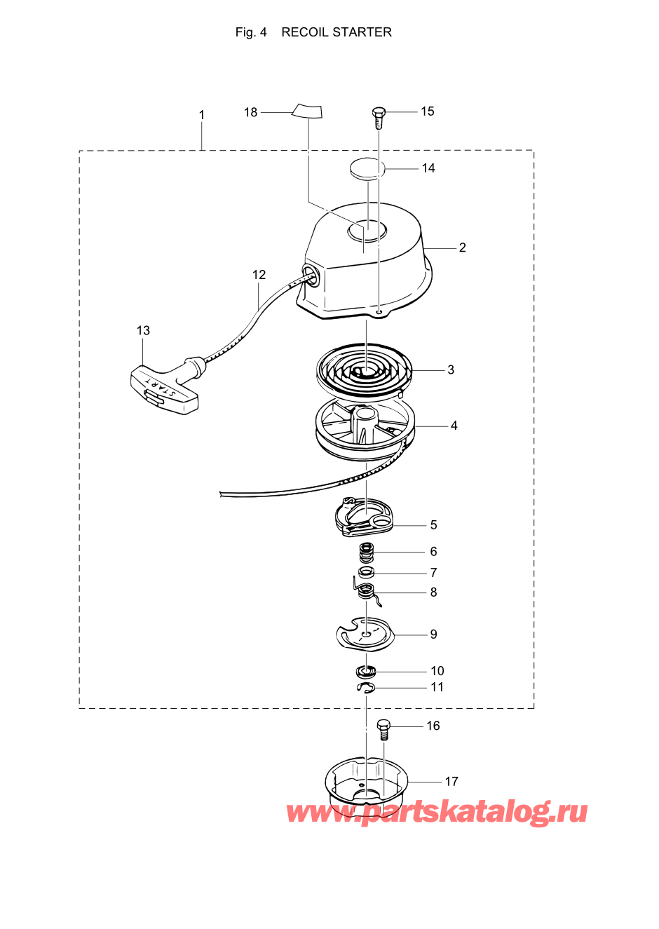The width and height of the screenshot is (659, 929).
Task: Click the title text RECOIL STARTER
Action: pos(336,32)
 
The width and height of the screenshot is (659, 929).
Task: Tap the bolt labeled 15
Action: pos(379,117)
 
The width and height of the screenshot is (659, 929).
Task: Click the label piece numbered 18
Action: pos(307,110)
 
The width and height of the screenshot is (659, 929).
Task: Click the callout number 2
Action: pos(462,247)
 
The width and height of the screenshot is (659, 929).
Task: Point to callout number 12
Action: pos(259,275)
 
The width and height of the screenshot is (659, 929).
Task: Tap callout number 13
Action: pos(143,330)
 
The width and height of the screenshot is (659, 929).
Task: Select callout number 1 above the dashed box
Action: pos(202,115)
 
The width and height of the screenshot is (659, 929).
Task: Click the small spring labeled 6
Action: pos(366,552)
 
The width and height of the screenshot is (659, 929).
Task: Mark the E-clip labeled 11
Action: pos(366,689)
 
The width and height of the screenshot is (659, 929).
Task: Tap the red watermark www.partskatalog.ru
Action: pos(437,812)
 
